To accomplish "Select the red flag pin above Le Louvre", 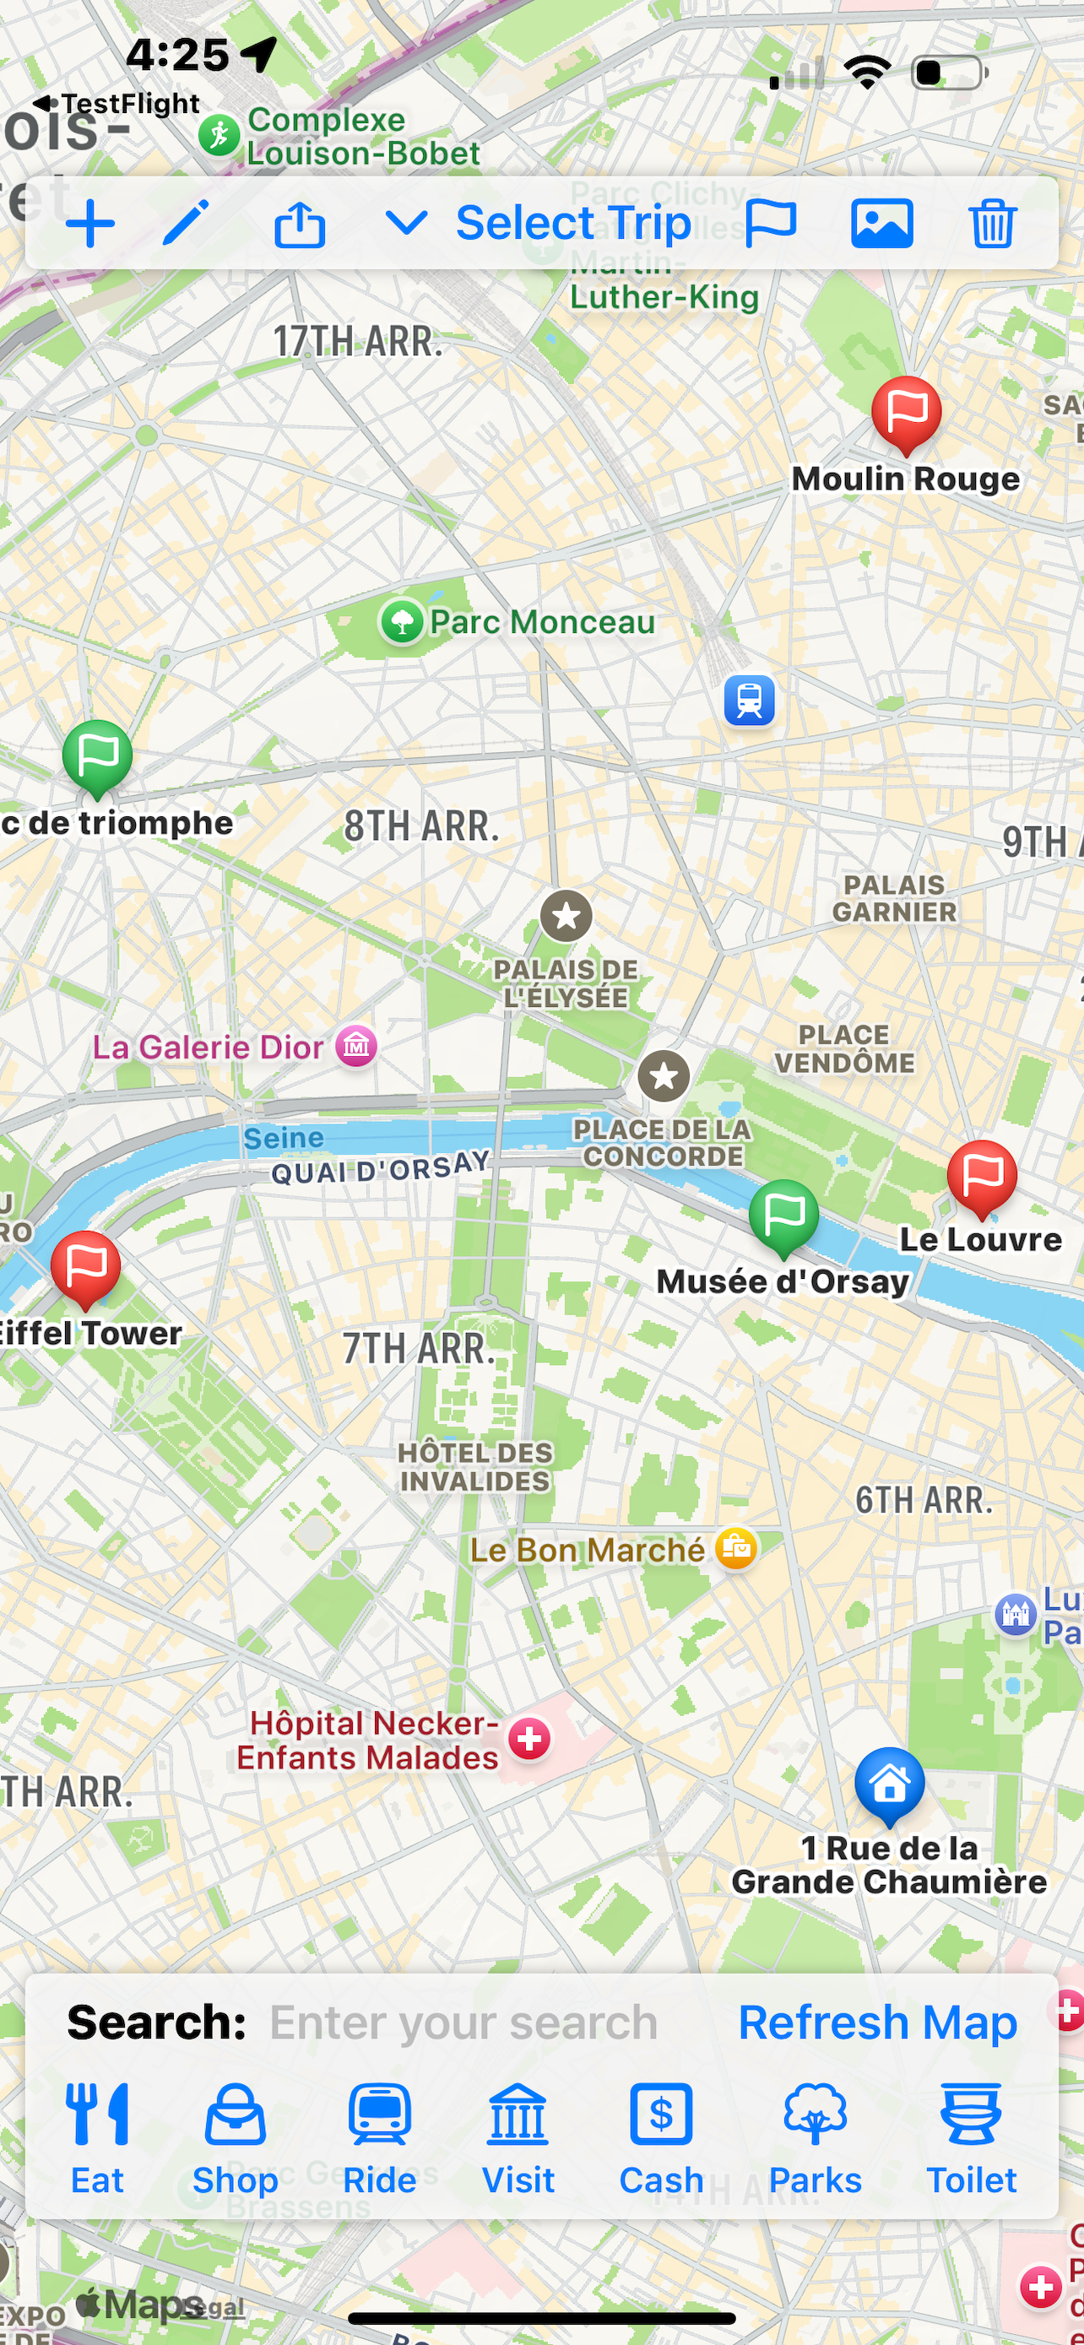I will [981, 1176].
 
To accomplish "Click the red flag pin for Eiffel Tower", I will [85, 1266].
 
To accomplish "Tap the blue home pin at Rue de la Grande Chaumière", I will [889, 1784].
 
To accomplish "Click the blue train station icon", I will [749, 700].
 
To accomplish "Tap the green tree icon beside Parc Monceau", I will [401, 623].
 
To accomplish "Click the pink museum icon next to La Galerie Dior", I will [356, 1046].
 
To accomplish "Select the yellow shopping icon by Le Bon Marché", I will [735, 1548].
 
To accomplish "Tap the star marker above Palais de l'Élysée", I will [566, 916].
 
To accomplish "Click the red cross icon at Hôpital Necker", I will [528, 1740].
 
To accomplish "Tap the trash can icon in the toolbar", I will [991, 223].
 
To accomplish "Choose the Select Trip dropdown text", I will [572, 223].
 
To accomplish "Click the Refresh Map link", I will [876, 2023].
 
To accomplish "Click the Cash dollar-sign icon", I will [661, 2114].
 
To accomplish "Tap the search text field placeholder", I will [463, 2023].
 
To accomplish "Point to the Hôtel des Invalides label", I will [475, 1466].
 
